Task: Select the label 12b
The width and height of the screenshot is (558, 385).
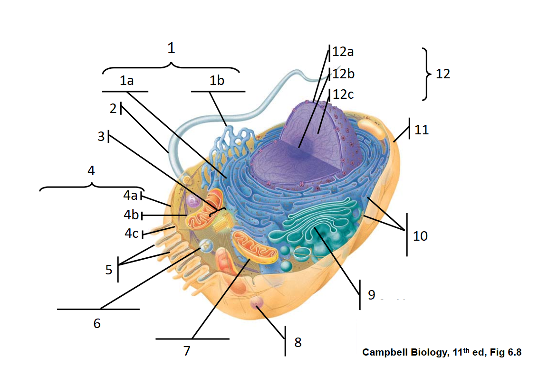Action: tap(343, 74)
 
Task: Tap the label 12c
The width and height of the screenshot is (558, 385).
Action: tap(343, 94)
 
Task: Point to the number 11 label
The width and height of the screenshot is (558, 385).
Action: tap(421, 130)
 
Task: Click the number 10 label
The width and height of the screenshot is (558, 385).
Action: tap(420, 235)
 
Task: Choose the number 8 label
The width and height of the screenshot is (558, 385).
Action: tap(298, 342)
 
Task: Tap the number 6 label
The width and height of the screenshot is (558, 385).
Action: tap(97, 323)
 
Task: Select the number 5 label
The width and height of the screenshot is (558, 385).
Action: tap(109, 270)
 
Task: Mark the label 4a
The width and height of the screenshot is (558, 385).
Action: tap(130, 195)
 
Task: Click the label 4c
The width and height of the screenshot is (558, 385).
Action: tap(131, 234)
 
